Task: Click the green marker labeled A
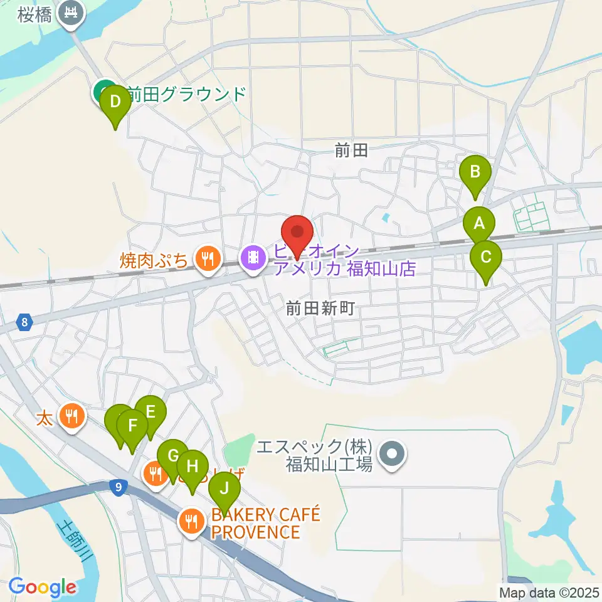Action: point(479,224)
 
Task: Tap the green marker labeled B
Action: point(475,172)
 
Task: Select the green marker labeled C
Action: point(486,258)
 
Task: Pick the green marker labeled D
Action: point(115,102)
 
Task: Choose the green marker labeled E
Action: point(150,413)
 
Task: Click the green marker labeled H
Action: point(193,467)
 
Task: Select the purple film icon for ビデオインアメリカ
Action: point(253,258)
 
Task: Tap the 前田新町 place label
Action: point(320,308)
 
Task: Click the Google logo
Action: point(42,586)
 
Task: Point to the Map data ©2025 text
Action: point(548,591)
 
